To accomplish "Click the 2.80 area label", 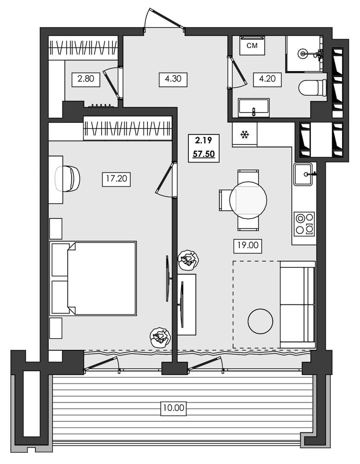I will point(86,79).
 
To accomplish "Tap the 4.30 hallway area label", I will point(173,79).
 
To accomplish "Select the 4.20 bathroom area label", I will point(267,79).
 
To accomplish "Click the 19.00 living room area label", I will point(247,245).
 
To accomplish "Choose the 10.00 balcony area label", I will point(173,408).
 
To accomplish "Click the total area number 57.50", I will point(204,154).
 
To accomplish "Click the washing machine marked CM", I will point(252,45).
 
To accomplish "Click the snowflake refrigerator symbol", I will point(244,135).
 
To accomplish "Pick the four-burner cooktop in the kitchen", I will point(304,224).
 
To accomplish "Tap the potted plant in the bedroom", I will point(159,336).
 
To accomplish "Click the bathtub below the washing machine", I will point(254,108).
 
